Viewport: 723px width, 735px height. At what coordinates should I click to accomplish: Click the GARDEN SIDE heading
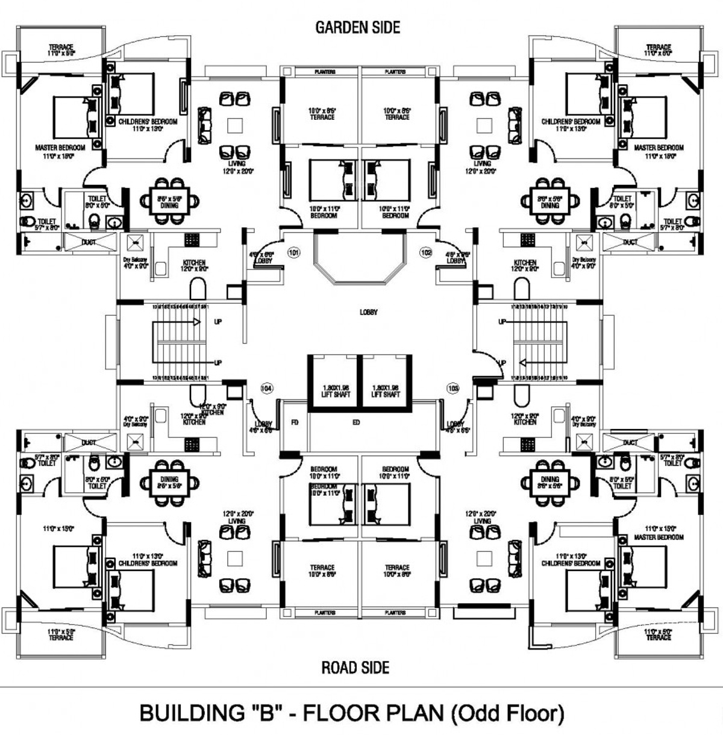357,27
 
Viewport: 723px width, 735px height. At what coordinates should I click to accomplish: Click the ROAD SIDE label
355,668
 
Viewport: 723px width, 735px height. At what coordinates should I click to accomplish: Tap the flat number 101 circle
293,252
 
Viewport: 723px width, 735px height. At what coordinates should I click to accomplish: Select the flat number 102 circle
426,252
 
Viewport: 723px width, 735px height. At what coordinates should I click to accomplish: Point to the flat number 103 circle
453,389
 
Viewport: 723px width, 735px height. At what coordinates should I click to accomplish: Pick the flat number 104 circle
266,389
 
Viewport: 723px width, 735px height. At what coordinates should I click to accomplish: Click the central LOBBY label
369,312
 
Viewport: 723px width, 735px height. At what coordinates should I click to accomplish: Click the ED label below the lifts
356,423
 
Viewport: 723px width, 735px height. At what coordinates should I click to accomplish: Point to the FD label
295,423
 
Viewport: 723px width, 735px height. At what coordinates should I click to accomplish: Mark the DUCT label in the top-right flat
630,242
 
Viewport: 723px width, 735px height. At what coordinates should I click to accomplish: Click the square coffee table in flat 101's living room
235,125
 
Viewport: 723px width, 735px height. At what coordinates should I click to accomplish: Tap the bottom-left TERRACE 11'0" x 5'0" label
61,634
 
